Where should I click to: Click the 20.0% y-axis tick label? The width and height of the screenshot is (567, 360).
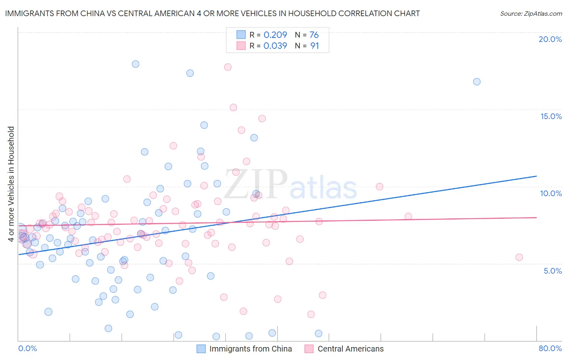coord(550,39)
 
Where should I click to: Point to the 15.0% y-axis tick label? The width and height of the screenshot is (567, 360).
coord(551,116)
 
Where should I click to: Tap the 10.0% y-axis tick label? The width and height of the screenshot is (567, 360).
coord(551,193)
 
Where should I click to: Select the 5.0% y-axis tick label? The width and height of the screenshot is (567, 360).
coord(552,271)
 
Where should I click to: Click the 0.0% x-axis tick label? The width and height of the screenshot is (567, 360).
coord(27,348)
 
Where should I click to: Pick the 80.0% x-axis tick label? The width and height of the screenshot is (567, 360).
coord(550,348)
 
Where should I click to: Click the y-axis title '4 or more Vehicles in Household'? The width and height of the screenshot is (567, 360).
coord(11,184)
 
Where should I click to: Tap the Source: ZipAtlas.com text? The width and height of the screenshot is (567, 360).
coord(531,13)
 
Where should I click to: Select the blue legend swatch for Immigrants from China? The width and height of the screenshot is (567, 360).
coord(201,349)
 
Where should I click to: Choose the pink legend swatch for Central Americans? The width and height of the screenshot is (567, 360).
coord(309,349)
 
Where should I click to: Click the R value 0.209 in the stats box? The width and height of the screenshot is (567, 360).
coord(275,35)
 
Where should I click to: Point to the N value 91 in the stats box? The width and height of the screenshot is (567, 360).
coord(315,46)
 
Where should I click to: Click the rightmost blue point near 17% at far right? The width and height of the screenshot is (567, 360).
coord(477,82)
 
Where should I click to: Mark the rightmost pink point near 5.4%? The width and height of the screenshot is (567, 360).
coord(519,257)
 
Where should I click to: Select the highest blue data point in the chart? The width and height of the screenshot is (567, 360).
coord(135,64)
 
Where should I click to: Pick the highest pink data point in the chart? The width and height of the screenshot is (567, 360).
coord(228,67)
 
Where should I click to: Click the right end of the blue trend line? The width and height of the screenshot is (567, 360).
coord(536,176)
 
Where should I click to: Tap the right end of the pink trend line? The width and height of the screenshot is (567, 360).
coord(536,217)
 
